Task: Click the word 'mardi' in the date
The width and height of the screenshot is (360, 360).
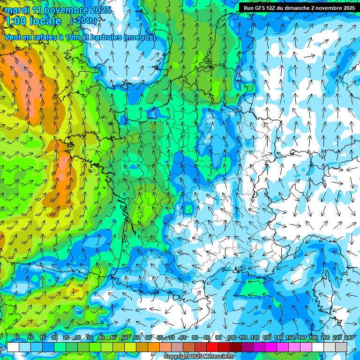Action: pyautogui.click(x=17, y=9)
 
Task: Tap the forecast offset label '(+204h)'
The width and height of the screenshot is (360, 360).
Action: pyautogui.click(x=83, y=21)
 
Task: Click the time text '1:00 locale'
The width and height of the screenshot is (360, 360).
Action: pyautogui.click(x=33, y=21)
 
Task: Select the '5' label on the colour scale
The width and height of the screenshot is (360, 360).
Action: pyautogui.click(x=18, y=338)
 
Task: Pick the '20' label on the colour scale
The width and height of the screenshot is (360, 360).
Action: pyautogui.click(x=54, y=338)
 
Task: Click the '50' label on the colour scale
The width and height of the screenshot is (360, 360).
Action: pyautogui.click(x=124, y=338)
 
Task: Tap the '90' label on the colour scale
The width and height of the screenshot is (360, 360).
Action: pyautogui.click(x=218, y=338)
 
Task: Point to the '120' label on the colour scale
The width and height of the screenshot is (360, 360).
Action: pyautogui.click(x=255, y=338)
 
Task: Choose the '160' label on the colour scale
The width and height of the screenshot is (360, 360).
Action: pyautogui.click(x=301, y=338)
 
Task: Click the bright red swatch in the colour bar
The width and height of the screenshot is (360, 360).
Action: pyautogui.click(x=212, y=347)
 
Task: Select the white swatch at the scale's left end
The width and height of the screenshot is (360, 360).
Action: pyautogui.click(x=13, y=347)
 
